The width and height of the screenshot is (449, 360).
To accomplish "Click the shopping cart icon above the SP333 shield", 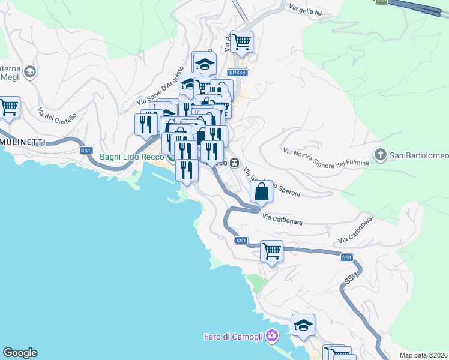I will [x=241, y=42].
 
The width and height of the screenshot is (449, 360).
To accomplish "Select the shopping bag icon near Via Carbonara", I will [x=262, y=192].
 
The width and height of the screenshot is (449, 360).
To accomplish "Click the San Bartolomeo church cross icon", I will [x=380, y=155].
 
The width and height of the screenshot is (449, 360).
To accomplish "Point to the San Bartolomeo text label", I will [x=420, y=156].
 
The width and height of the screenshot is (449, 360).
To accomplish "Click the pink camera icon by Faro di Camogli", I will [x=273, y=335].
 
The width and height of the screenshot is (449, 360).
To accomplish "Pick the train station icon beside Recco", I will [x=235, y=163].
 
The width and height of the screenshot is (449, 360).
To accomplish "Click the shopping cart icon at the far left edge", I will [x=9, y=108].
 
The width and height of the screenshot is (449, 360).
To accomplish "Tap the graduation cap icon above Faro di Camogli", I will [x=303, y=325].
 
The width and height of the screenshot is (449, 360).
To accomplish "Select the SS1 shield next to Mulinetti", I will [x=86, y=150].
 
